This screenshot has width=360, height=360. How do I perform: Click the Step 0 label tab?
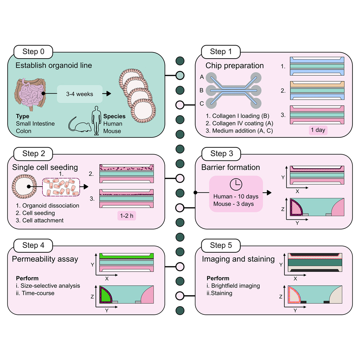(33, 52)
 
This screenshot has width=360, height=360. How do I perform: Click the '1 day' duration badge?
(318, 130)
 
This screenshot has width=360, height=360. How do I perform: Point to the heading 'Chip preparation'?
(235, 66)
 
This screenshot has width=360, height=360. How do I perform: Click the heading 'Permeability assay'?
(45, 259)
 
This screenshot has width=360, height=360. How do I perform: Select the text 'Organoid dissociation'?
(48, 206)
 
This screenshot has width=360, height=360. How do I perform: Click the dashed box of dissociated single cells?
(60, 187)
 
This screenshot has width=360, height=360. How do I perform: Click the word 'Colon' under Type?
(23, 131)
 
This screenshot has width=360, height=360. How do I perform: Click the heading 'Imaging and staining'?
(238, 259)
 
